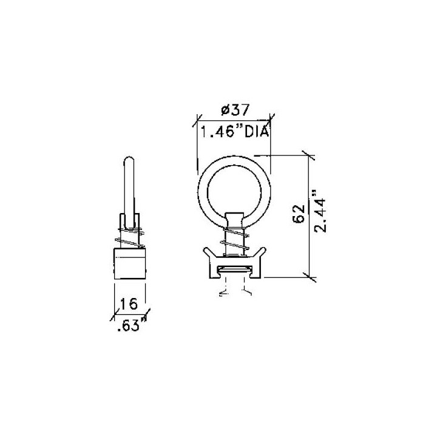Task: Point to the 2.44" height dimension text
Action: (x=319, y=211)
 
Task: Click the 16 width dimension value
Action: (x=129, y=303)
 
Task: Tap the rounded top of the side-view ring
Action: (x=129, y=160)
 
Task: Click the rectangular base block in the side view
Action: (x=130, y=263)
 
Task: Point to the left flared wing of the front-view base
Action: (x=206, y=251)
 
